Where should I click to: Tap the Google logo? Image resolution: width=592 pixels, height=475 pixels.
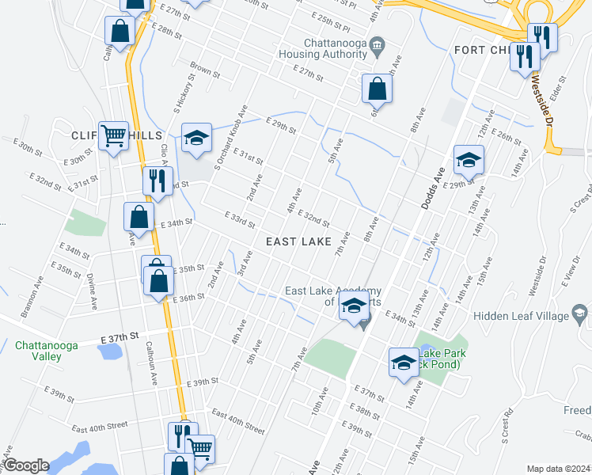[26, 465]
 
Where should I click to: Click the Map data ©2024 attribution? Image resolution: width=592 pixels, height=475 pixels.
[559, 469]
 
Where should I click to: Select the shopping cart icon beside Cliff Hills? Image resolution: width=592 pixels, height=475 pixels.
[113, 135]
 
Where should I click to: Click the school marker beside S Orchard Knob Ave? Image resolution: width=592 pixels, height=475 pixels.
[196, 139]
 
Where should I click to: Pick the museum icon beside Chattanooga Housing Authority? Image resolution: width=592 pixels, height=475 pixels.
[378, 44]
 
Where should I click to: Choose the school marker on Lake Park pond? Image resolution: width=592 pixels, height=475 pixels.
[404, 363]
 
